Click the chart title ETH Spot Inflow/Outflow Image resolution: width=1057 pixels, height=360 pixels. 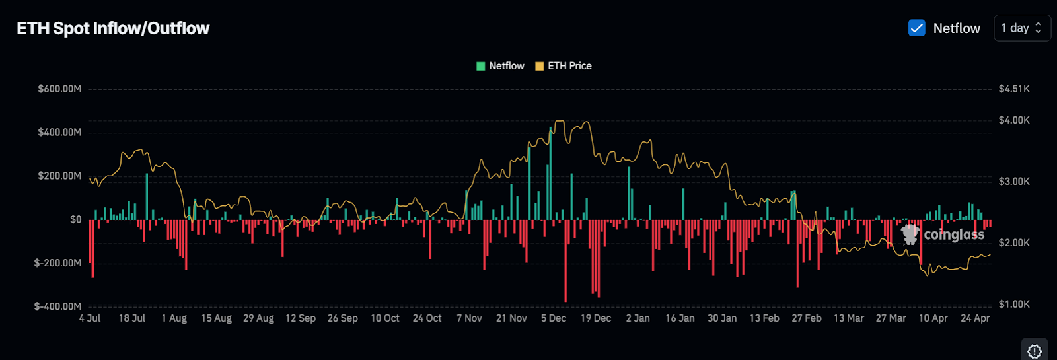tap(113, 28)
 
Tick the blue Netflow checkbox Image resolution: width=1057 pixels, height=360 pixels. tap(917, 28)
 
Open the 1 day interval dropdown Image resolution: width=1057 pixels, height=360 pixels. tap(1021, 28)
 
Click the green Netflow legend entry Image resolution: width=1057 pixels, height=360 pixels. tap(500, 66)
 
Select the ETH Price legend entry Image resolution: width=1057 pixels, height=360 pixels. tap(564, 66)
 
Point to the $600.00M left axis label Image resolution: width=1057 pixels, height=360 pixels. tap(59, 89)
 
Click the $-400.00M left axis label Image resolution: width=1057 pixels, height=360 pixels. tap(58, 306)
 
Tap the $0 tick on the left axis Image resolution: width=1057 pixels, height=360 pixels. tap(76, 219)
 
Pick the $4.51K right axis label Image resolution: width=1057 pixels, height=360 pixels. tap(1014, 89)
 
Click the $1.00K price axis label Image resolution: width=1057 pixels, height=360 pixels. tap(1014, 305)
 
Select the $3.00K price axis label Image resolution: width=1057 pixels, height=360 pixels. tap(1014, 182)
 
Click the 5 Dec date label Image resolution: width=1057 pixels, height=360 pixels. tap(554, 318)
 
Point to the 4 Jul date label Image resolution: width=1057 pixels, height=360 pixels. tap(90, 318)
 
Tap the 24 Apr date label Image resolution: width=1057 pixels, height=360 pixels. tap(975, 318)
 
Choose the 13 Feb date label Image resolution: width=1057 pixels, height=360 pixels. tap(764, 318)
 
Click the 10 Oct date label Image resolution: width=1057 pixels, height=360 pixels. tap(385, 318)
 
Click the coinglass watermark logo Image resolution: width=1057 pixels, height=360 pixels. tap(943, 234)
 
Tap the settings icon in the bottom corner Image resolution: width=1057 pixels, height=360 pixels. tap(1035, 351)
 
